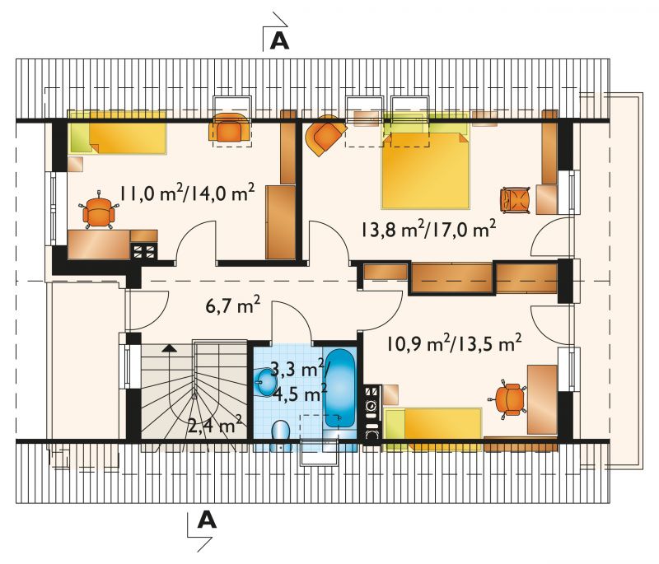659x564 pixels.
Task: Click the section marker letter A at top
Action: (279, 40)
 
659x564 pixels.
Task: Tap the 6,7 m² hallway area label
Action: (232, 305)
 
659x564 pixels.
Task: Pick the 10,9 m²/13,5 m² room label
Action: (454, 344)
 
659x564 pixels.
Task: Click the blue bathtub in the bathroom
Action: (339, 389)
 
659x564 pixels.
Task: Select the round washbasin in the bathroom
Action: (264, 382)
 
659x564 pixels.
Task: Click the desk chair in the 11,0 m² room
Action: (98, 211)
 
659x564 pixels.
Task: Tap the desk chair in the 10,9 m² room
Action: (507, 399)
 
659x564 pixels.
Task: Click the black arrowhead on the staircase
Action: (169, 347)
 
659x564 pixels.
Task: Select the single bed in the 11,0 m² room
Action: (117, 133)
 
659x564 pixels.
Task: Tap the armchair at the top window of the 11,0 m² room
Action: (231, 128)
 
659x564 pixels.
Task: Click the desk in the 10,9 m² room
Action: (542, 399)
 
